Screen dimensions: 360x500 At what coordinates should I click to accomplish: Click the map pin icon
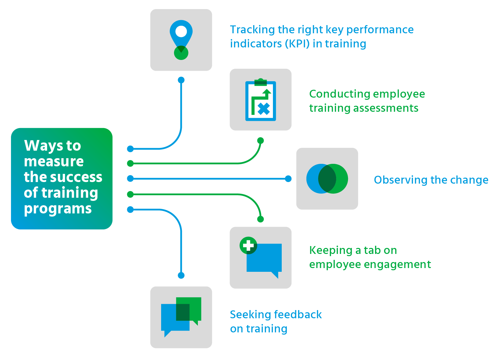(181, 36)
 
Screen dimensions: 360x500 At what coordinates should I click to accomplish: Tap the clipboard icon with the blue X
(260, 101)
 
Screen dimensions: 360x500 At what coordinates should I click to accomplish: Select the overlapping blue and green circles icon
(327, 179)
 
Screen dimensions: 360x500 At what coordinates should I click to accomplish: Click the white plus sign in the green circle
(248, 245)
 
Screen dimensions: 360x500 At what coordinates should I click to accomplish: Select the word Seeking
(249, 314)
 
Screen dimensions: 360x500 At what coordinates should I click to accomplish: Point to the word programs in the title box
(58, 209)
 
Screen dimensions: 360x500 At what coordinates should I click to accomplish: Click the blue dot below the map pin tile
(181, 80)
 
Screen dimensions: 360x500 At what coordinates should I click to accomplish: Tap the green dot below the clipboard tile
(260, 141)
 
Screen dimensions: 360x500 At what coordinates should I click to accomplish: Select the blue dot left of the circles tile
(288, 179)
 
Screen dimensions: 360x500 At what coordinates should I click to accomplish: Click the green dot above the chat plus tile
(260, 219)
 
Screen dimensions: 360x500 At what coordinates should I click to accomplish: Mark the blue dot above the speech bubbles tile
(181, 275)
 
